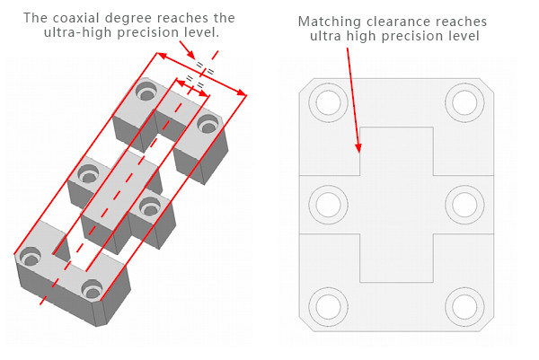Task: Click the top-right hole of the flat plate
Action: coord(464,103)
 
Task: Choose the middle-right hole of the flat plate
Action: coord(464,204)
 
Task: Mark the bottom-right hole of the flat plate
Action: coord(464,305)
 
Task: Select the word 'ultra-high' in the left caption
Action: coord(75,32)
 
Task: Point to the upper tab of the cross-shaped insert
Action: coord(396,149)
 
